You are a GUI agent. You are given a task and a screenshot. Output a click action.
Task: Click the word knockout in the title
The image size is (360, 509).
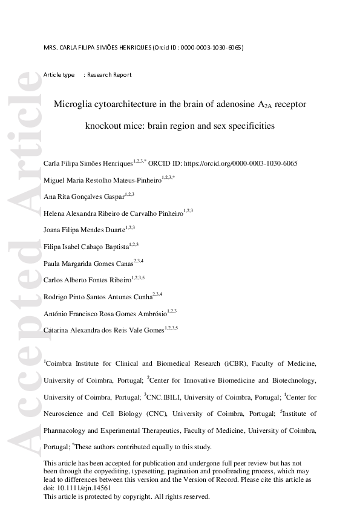click(x=104, y=127)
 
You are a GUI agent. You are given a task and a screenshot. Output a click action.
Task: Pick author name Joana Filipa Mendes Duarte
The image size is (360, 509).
click(x=83, y=230)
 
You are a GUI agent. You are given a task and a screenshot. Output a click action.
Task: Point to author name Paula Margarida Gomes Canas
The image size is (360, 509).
click(x=88, y=263)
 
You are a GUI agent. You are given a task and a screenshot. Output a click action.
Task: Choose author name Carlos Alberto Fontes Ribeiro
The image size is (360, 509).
click(x=87, y=280)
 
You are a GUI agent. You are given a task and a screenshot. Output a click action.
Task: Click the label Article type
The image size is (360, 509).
click(x=59, y=75)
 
